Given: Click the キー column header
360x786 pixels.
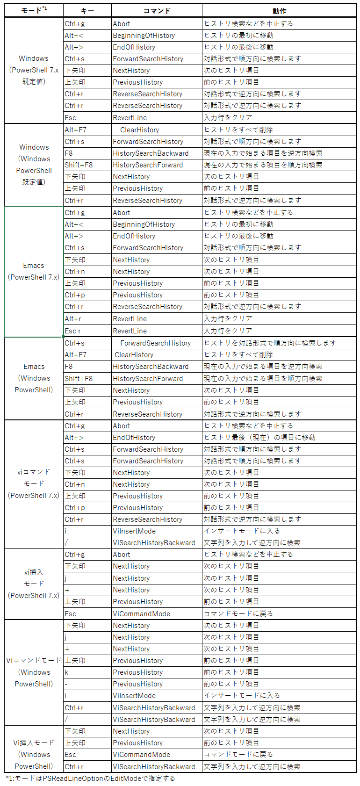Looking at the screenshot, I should (x=87, y=11).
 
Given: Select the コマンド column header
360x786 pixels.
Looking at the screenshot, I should (x=157, y=11).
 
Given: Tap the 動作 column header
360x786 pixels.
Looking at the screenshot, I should (x=279, y=11).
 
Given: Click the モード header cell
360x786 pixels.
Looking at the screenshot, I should (x=34, y=10).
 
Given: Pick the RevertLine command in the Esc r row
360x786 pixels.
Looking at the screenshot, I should (x=130, y=331).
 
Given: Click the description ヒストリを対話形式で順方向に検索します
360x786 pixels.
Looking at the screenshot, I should (x=270, y=343).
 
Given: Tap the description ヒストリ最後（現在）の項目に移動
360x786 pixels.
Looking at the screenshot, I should (x=259, y=437).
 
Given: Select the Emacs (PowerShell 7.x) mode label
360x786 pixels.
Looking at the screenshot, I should (x=34, y=271).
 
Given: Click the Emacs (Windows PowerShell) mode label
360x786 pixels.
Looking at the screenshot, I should (x=34, y=378).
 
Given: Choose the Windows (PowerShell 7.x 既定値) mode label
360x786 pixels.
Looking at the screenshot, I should (x=34, y=70).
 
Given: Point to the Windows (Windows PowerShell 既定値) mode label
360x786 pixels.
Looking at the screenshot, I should (x=34, y=165).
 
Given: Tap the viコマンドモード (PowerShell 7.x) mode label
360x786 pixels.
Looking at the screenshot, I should (x=34, y=483).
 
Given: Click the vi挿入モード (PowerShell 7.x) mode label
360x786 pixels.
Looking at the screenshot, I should (x=34, y=584).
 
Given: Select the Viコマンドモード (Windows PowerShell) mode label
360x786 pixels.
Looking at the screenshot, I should (x=34, y=672).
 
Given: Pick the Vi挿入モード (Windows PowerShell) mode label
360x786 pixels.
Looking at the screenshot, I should (x=34, y=754).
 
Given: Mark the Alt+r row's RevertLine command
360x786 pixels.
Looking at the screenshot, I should (x=130, y=318).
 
